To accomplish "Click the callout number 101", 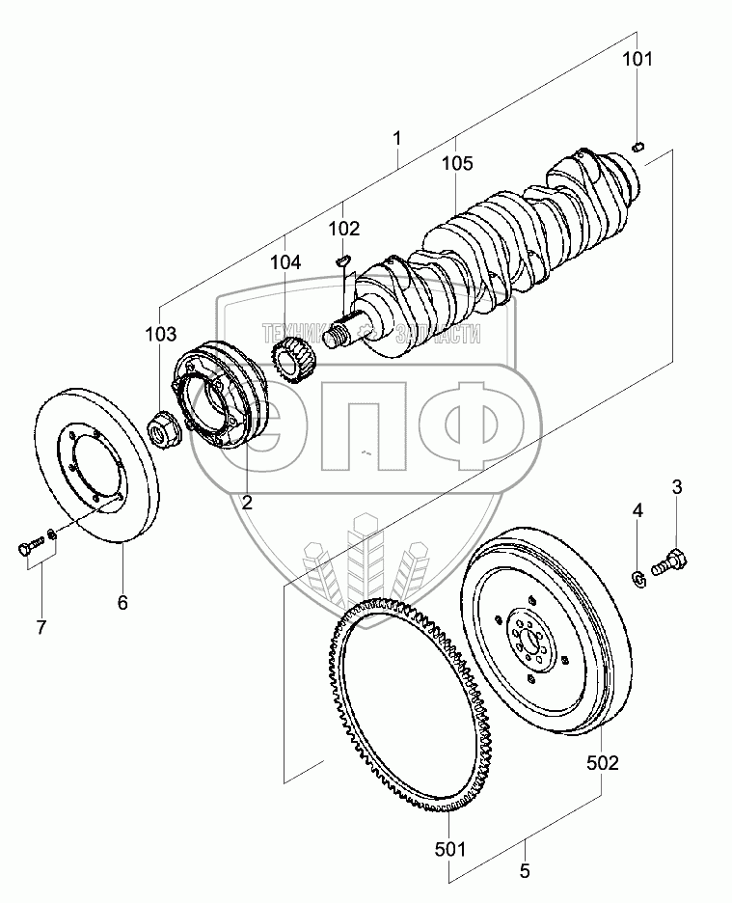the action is (x=637, y=60).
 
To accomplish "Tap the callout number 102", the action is (x=344, y=229).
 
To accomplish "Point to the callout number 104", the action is (x=285, y=261).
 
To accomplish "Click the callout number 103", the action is (x=161, y=335).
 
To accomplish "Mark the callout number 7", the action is (x=41, y=628).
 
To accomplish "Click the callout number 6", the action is (x=122, y=603).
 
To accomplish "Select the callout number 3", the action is (x=677, y=488).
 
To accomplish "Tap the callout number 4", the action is (x=637, y=509).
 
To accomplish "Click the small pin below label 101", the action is (x=637, y=147).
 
